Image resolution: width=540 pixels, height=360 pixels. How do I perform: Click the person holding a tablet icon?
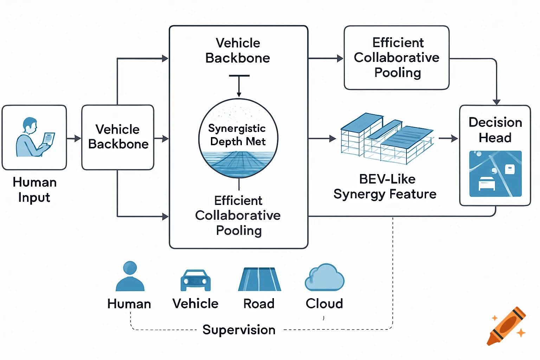34,137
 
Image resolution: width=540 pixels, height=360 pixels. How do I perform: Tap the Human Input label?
34,190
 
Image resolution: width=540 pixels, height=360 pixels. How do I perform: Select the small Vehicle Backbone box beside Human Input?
118,137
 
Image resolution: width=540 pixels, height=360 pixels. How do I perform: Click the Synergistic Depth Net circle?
238,139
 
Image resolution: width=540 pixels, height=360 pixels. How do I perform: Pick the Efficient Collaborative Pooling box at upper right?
397,58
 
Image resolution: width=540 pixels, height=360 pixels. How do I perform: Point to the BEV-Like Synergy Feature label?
385,187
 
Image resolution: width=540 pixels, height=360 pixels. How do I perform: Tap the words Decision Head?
495,130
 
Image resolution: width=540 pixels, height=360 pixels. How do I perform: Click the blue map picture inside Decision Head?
495,174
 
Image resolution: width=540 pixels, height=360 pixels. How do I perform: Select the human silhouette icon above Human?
130,276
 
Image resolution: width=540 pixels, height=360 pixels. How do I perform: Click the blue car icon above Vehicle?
195,280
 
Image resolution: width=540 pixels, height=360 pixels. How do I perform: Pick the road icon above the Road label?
259,279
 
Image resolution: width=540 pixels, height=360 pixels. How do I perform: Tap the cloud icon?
324,278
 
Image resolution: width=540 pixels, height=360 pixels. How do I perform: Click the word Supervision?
239,330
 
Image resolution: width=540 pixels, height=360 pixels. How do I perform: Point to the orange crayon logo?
506,326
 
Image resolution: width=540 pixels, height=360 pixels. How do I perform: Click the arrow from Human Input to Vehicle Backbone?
74,139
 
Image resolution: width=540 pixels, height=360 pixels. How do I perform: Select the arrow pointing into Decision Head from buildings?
449,139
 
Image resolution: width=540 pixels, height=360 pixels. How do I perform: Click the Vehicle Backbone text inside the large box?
238,51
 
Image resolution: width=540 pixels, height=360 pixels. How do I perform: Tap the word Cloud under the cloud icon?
324,303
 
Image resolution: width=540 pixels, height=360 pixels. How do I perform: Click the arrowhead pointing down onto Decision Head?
496,102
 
